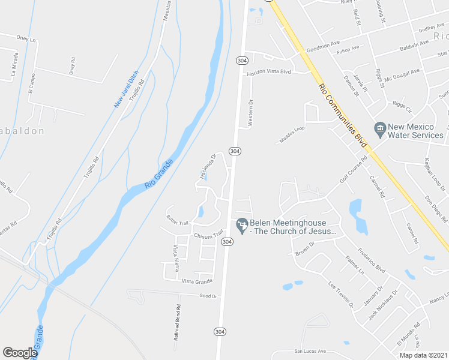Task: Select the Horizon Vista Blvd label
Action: pyautogui.click(x=269, y=72)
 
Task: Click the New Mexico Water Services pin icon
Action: pyautogui.click(x=379, y=128)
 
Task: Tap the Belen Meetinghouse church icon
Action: pyautogui.click(x=242, y=224)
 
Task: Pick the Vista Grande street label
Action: pyautogui.click(x=197, y=281)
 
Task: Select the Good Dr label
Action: pyautogui.click(x=208, y=296)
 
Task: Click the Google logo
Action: pyautogui.click(x=20, y=353)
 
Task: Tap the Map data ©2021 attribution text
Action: pyautogui.click(x=423, y=355)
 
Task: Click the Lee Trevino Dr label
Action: pyautogui.click(x=341, y=293)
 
